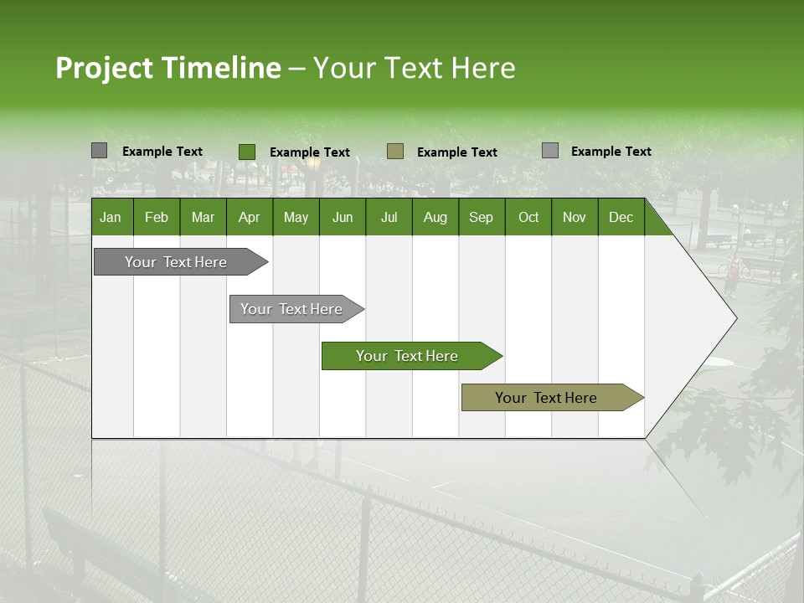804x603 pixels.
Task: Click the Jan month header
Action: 111,217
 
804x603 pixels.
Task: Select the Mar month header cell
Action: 203,217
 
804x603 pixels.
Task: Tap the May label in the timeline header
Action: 296,217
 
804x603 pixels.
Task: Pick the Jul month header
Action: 389,217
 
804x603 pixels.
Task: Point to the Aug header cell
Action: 435,217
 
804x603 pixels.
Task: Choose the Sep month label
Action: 481,217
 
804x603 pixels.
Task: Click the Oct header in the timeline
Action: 528,217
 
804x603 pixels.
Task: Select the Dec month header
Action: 621,217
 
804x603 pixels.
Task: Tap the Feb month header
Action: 157,217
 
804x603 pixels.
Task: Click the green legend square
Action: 247,152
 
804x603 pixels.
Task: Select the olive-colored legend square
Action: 395,151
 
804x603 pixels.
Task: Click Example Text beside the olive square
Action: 456,152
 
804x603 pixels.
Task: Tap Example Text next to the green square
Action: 309,152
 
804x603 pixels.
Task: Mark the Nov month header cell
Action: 575,217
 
